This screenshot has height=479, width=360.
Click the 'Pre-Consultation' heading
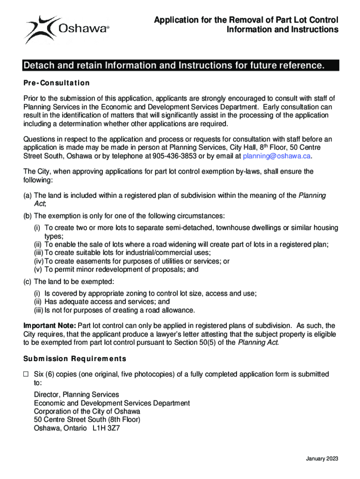(57, 83)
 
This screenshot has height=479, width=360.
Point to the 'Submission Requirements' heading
(75, 359)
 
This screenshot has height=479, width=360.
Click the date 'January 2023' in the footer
(322, 458)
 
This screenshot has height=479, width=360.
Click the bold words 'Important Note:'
(50, 326)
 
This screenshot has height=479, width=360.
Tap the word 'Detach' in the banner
(38, 65)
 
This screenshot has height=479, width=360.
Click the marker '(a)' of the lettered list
(28, 195)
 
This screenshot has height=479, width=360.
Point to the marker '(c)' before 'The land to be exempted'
(28, 282)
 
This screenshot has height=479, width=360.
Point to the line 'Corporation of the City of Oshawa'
(87, 411)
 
